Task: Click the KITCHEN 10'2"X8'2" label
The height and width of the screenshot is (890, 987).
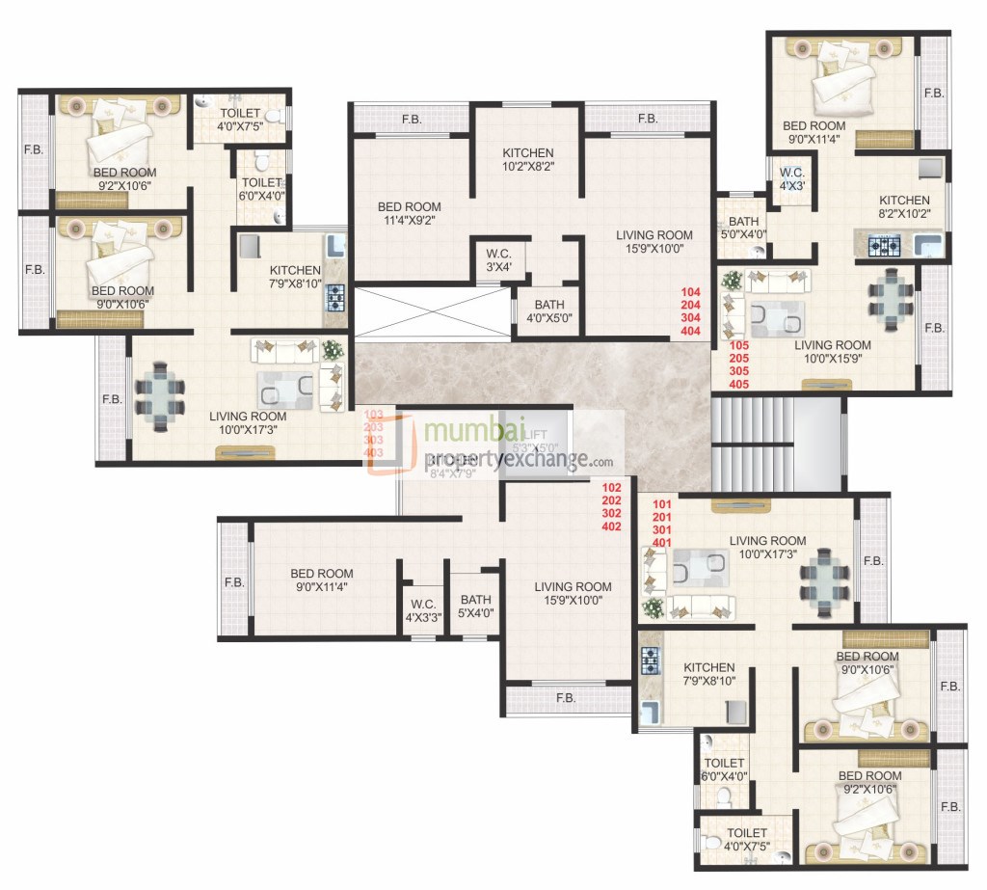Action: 527,160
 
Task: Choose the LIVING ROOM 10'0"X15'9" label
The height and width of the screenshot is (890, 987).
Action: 833,352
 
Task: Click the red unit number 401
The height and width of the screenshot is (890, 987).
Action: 662,543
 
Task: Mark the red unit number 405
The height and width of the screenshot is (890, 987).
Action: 738,384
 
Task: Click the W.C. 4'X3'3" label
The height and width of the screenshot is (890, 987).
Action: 422,611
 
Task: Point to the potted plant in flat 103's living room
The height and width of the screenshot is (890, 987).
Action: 333,350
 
